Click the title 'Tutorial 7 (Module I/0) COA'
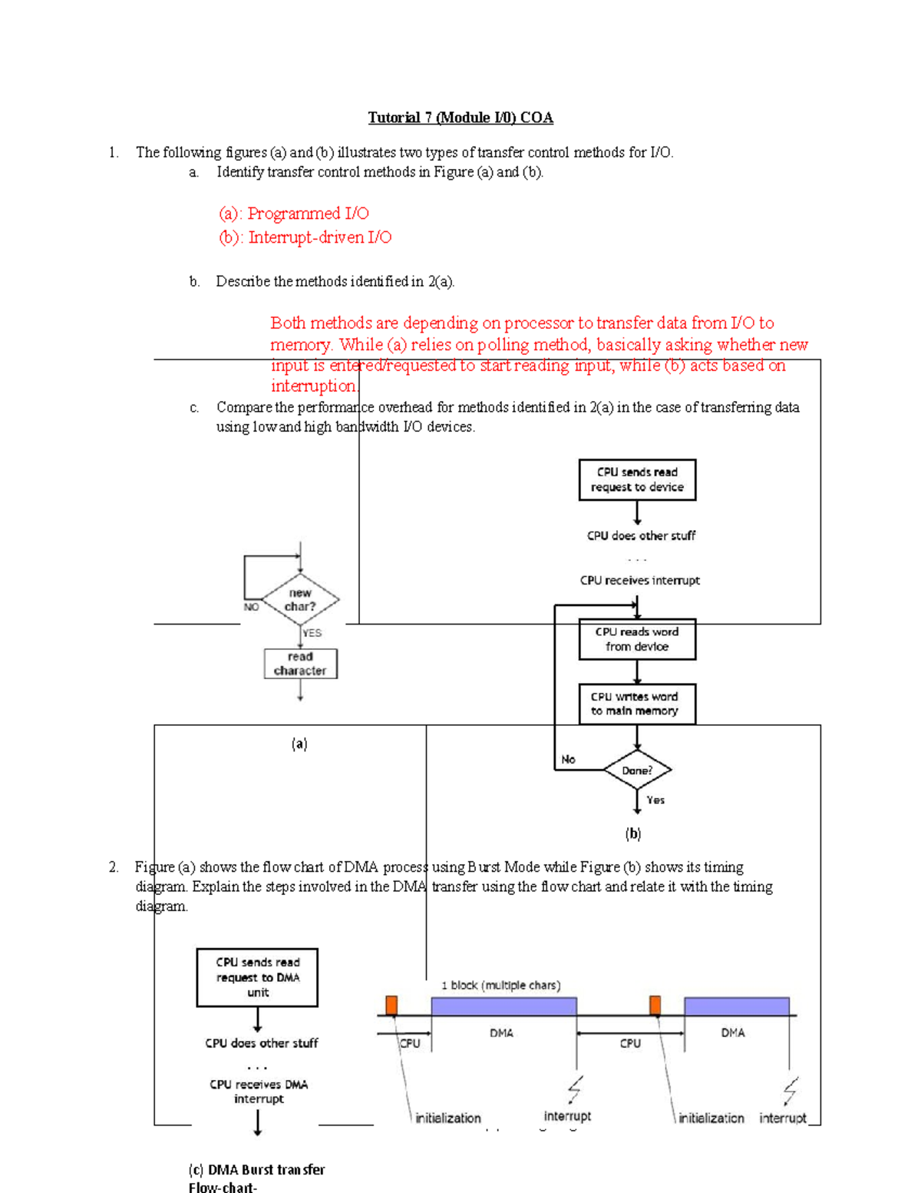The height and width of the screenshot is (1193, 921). click(460, 118)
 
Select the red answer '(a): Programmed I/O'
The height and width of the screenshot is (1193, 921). click(293, 214)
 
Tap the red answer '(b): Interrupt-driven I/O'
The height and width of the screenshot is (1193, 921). click(305, 237)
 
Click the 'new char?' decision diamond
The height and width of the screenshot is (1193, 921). click(300, 600)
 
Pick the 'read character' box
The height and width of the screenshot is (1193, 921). click(300, 664)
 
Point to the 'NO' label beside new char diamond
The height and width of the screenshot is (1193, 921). click(251, 607)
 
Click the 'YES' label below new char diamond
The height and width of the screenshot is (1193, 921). click(312, 633)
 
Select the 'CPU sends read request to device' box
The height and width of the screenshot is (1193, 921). click(637, 480)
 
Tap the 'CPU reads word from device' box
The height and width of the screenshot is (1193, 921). click(637, 639)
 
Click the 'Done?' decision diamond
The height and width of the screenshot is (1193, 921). click(637, 770)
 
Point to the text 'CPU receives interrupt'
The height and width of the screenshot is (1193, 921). click(639, 581)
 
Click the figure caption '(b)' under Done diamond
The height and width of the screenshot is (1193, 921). click(632, 833)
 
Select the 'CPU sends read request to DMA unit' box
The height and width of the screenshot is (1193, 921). click(257, 977)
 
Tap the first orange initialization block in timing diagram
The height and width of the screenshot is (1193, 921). click(391, 1006)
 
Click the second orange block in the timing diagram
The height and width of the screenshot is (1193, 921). click(655, 1006)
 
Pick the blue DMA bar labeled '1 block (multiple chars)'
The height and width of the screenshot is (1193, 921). click(503, 1006)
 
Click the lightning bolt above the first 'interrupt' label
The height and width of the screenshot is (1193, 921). click(575, 1089)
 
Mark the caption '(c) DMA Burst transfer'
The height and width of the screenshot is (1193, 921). click(256, 1169)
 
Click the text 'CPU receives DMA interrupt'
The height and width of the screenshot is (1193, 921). click(259, 1092)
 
